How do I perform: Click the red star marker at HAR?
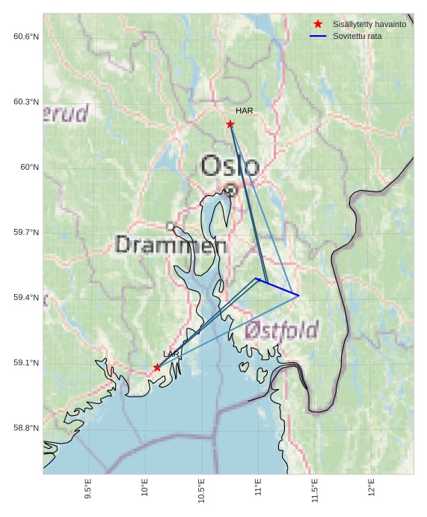pyautogui.click(x=230, y=124)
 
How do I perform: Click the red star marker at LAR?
pyautogui.click(x=157, y=367)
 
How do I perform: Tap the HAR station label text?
pyautogui.click(x=245, y=111)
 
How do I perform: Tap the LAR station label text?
pyautogui.click(x=171, y=354)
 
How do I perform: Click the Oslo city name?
pyautogui.click(x=230, y=165)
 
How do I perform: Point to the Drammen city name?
pyautogui.click(x=171, y=244)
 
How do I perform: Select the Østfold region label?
pyautogui.click(x=281, y=330)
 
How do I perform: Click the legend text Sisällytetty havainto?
pyautogui.click(x=369, y=25)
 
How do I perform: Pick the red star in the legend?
pyautogui.click(x=318, y=25)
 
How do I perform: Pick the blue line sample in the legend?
pyautogui.click(x=318, y=36)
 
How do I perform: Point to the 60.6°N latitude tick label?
pyautogui.click(x=26, y=37)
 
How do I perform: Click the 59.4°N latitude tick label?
pyautogui.click(x=26, y=298)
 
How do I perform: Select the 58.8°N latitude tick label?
pyautogui.click(x=26, y=428)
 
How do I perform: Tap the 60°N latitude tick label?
pyautogui.click(x=29, y=167)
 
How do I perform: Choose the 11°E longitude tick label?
pyautogui.click(x=259, y=490)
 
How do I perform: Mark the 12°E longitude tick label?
pyautogui.click(x=372, y=490)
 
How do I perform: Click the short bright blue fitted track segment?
pyautogui.click(x=277, y=287)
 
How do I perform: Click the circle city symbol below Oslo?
pyautogui.click(x=231, y=190)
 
